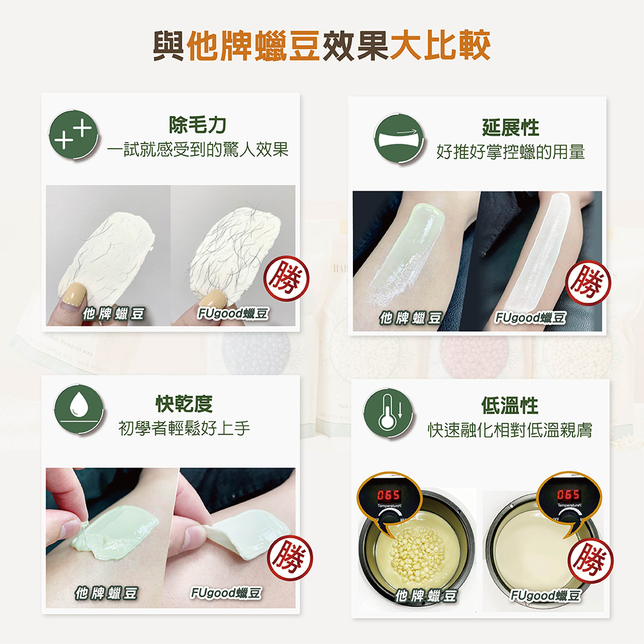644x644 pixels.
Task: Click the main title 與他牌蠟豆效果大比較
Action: point(321,46)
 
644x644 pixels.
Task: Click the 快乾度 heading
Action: point(184,404)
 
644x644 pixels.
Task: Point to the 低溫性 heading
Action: point(510,406)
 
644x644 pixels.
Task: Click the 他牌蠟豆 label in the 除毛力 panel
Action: point(113,314)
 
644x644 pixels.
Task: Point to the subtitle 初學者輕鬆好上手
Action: point(184,428)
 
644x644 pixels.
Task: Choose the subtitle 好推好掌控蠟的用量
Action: point(510,152)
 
